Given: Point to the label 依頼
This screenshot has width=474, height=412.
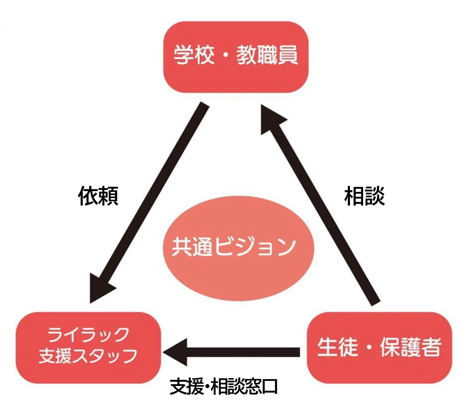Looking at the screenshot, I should pos(98,196).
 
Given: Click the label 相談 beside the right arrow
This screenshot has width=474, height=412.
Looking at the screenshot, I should pos(364,196).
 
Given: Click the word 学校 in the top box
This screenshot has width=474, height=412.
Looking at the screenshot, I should pos(194,55).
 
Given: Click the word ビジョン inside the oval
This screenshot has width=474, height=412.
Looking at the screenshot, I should pos(255,246).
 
